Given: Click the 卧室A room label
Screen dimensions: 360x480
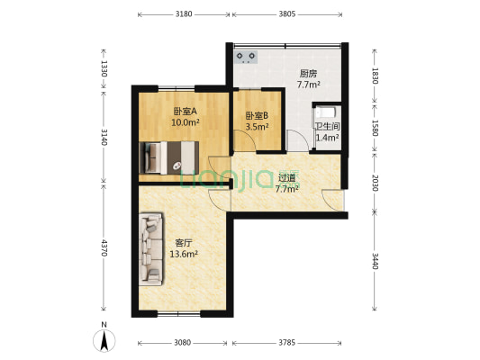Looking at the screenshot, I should [x=185, y=112].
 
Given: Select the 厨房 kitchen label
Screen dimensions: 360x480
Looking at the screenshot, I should [x=309, y=74].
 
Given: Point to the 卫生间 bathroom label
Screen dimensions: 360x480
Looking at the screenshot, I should [x=326, y=127].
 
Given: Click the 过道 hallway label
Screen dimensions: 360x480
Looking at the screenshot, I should [x=287, y=177].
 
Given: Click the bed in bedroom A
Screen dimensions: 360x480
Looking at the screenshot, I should [x=168, y=157].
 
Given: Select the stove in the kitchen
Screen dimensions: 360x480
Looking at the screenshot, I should [x=247, y=57].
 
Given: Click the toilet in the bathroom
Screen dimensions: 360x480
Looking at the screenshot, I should [x=322, y=114].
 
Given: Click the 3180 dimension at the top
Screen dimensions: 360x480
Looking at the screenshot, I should [x=184, y=14].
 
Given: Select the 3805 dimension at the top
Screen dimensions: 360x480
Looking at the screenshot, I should [x=286, y=14].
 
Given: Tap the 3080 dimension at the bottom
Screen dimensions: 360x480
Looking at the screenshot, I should [x=183, y=343].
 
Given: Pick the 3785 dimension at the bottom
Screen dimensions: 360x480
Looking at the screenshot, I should [x=286, y=343].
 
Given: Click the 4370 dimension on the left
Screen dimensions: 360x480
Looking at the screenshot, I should [x=104, y=247].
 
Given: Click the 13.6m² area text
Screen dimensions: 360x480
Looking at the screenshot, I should [x=184, y=254].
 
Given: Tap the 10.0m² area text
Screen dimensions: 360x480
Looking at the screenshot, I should [x=185, y=122].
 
